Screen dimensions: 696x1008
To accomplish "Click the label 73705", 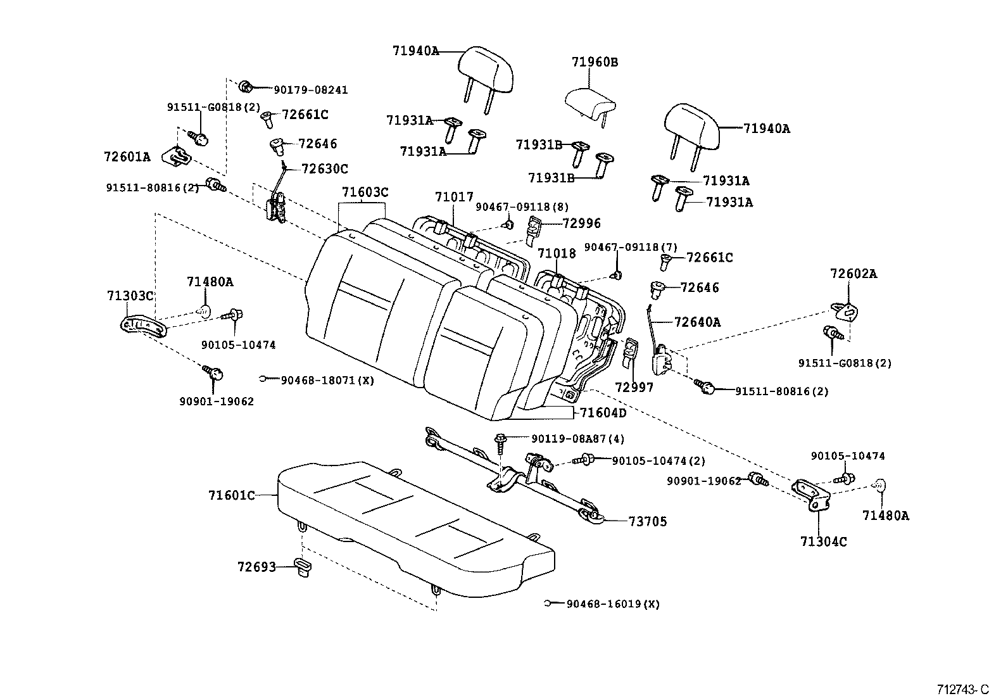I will [x=648, y=521].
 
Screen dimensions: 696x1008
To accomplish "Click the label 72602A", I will [x=854, y=274].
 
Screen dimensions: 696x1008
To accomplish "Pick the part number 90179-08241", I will [x=310, y=90].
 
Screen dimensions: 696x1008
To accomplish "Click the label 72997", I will [x=634, y=387].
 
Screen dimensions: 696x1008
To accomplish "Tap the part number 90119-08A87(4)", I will [x=578, y=438].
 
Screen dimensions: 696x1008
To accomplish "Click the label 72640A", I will [x=697, y=322].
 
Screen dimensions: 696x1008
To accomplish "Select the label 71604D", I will [x=603, y=413].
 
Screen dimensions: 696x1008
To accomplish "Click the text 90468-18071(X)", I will [x=327, y=380].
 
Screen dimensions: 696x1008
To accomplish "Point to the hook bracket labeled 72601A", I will [x=179, y=155].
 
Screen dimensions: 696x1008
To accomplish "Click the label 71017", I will [x=454, y=198].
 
